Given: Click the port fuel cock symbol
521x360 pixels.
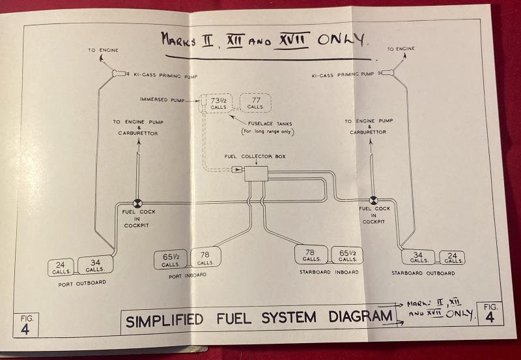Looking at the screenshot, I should click(x=138, y=203).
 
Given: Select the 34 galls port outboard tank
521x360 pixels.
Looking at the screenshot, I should click(x=95, y=265).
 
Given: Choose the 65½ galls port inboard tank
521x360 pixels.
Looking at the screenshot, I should click(x=171, y=259).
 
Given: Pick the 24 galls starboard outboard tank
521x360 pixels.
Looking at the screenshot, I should click(x=453, y=257).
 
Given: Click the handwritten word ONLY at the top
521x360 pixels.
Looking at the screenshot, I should click(x=341, y=39).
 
